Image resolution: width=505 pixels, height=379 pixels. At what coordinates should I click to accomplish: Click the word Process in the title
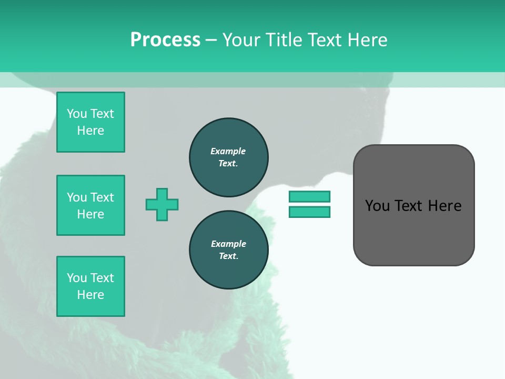(x=165, y=40)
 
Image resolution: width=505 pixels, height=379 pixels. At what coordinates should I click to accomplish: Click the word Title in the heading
(x=282, y=40)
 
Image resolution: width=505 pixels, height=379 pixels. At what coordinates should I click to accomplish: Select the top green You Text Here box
(x=90, y=122)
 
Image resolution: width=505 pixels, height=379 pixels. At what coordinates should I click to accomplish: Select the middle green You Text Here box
(x=90, y=205)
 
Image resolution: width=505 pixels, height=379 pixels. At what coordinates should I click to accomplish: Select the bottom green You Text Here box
(x=90, y=286)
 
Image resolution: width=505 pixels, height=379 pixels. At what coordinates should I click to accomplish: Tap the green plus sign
(x=162, y=204)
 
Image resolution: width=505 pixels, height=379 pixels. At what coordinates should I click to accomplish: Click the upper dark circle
(x=228, y=157)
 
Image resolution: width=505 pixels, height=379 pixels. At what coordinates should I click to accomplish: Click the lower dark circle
(x=228, y=250)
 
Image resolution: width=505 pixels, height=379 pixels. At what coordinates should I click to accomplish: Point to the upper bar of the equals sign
(x=309, y=196)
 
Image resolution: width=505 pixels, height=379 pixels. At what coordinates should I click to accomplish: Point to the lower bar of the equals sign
(x=309, y=212)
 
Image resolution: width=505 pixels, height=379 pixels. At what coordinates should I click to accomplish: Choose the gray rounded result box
(x=413, y=232)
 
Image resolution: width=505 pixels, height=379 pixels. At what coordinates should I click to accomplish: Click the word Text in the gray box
(x=408, y=206)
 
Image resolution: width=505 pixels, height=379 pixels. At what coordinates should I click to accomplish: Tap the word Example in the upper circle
(x=228, y=151)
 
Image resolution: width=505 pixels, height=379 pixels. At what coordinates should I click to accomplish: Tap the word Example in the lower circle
(x=228, y=244)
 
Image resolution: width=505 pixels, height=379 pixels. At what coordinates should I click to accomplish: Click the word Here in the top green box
(x=90, y=131)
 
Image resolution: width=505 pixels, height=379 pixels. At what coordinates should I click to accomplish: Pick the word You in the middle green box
(x=77, y=197)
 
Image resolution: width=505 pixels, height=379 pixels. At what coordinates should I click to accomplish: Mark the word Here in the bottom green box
(x=90, y=295)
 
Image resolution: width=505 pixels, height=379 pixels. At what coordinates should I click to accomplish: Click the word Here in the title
(x=368, y=40)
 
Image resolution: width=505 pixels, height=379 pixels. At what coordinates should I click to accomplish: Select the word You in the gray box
(x=377, y=206)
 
